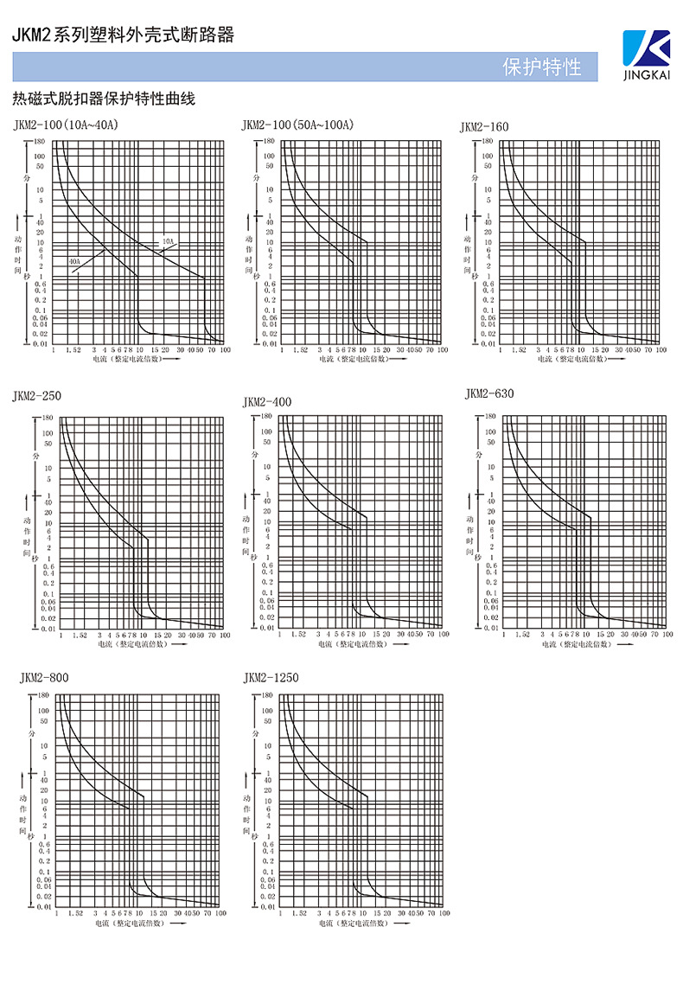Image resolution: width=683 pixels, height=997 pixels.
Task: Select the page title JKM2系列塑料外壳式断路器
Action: (122, 35)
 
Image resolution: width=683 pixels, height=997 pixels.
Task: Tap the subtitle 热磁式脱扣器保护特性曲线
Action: (103, 99)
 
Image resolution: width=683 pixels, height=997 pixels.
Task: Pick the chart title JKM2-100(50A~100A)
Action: (297, 126)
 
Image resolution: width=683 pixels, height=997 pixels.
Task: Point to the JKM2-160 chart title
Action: (484, 127)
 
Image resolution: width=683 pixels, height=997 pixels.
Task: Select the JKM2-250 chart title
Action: (37, 396)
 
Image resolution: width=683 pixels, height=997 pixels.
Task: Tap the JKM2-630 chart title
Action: (489, 394)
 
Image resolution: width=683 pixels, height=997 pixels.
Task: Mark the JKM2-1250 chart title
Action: (271, 677)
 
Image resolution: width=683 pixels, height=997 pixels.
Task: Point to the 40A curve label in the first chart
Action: (74, 260)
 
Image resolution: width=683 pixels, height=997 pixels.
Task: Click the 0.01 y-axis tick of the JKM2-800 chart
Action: (44, 906)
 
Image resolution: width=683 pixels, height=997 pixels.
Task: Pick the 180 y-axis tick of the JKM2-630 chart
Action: (490, 416)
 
